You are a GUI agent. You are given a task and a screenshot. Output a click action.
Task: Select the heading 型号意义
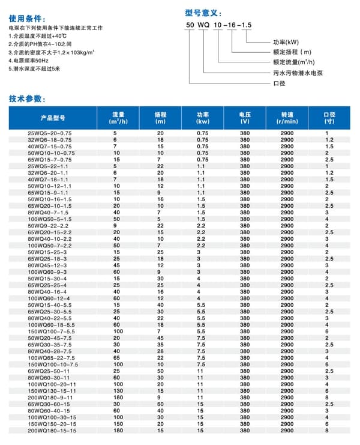tap(204, 12)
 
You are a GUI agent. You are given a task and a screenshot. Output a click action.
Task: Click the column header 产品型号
tap(52, 118)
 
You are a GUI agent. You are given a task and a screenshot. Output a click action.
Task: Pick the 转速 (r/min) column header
tap(287, 118)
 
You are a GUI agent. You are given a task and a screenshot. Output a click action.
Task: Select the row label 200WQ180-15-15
tap(53, 431)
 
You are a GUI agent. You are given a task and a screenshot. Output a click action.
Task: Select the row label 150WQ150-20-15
tap(53, 423)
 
